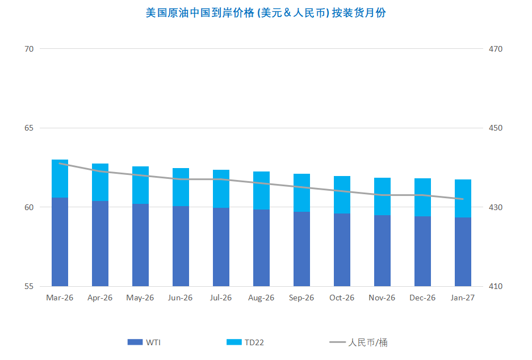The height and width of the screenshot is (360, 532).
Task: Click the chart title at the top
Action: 266,12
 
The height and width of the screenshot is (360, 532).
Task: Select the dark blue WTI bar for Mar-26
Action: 60,242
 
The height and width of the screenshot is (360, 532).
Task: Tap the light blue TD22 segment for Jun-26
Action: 181,187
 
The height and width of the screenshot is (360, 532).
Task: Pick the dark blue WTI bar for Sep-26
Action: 301,249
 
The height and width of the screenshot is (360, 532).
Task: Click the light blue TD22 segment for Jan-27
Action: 463,198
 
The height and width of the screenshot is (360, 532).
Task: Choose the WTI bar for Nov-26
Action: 382,250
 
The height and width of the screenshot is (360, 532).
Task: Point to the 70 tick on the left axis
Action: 29,49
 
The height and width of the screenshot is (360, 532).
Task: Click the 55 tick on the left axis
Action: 29,286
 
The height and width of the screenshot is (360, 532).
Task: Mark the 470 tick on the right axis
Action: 496,49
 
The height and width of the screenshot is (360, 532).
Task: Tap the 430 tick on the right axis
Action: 496,207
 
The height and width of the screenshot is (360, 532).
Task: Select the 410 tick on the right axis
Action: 496,286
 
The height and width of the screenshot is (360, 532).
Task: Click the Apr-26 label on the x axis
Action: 100,298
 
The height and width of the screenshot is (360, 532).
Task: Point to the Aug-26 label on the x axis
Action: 261,298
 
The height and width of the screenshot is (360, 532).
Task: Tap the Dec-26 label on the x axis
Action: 422,298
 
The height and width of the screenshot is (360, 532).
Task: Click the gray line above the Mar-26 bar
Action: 60,164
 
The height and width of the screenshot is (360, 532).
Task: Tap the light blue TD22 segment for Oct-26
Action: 342,195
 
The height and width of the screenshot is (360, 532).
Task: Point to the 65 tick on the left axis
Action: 29,128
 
